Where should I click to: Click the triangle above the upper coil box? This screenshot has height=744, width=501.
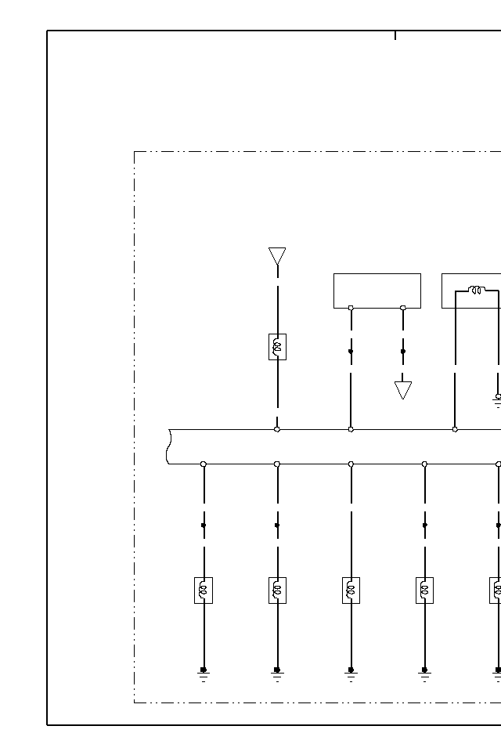[x=277, y=256]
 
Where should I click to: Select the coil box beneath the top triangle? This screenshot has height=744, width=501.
[x=277, y=346]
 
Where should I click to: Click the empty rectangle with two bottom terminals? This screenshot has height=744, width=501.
[x=377, y=290]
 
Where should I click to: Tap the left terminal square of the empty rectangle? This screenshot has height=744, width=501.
[x=351, y=308]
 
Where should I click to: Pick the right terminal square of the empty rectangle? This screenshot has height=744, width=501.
[x=403, y=308]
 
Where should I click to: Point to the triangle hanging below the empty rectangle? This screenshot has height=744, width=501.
[x=403, y=389]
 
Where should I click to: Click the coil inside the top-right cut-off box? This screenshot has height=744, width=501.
[x=475, y=291]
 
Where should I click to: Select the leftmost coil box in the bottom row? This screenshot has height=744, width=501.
[x=204, y=590]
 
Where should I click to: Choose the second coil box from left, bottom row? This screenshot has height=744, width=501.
[x=277, y=590]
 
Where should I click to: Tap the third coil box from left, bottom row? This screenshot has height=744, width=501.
[x=351, y=590]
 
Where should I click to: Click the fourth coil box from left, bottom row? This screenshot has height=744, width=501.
[x=424, y=590]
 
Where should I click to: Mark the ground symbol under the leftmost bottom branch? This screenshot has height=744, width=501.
[x=204, y=674]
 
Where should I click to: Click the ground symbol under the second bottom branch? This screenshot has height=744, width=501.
[x=277, y=674]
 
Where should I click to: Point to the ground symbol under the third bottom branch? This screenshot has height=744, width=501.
[x=351, y=674]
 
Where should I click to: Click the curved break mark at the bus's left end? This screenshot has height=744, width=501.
[x=169, y=446]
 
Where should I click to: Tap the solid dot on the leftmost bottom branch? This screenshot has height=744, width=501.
[x=204, y=525]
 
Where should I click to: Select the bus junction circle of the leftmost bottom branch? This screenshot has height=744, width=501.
[x=204, y=464]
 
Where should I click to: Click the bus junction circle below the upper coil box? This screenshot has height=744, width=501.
[x=277, y=429]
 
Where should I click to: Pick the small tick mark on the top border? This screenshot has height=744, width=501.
[x=395, y=35]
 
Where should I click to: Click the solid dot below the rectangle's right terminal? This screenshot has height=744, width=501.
[x=403, y=352]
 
